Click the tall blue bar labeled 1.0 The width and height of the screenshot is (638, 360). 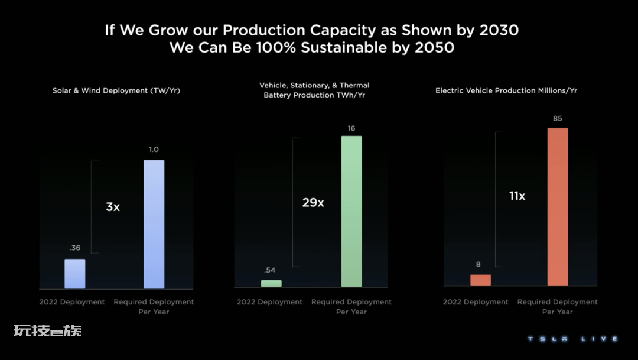(x=154, y=224)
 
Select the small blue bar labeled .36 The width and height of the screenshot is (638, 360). (x=75, y=274)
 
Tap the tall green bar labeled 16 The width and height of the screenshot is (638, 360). (x=351, y=212)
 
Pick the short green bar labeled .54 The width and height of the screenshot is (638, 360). (x=271, y=284)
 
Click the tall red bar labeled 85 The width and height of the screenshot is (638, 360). (x=558, y=207)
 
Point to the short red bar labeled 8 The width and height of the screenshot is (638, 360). (x=480, y=280)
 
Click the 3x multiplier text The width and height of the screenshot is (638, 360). (x=113, y=207)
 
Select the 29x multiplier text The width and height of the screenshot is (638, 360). (x=313, y=202)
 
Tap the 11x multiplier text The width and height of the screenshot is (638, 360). (x=517, y=196)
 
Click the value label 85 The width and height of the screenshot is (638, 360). (x=558, y=119)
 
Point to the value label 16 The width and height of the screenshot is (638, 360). (x=351, y=128)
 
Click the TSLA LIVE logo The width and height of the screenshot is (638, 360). (x=572, y=339)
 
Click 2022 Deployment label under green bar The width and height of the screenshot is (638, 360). (x=269, y=302)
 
